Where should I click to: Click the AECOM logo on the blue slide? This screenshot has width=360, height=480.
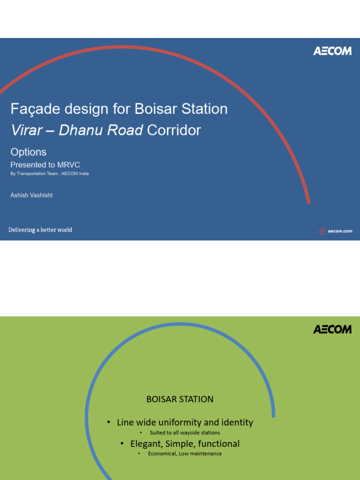332,51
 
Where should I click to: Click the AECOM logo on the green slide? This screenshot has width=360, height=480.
332,329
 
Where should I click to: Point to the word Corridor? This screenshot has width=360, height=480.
174,130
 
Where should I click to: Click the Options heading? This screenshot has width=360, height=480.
29,152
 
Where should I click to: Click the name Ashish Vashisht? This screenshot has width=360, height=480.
31,195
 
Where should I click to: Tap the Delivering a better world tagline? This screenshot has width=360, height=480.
40,230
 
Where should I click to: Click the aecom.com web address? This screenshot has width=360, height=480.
340,231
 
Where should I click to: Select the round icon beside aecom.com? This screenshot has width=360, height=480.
322,231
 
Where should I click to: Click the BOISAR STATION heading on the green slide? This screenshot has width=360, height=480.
180,399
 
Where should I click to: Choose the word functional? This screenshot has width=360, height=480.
219,443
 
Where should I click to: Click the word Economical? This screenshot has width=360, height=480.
162,454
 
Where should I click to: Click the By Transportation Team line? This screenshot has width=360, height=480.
50,173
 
